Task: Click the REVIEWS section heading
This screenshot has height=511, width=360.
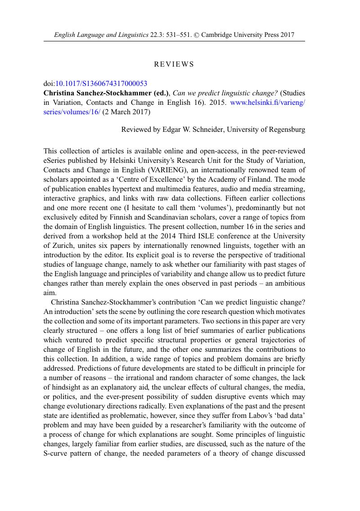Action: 174,64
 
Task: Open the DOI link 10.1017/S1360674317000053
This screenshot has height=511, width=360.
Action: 101,83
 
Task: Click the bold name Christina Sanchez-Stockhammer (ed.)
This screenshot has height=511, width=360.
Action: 106,93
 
